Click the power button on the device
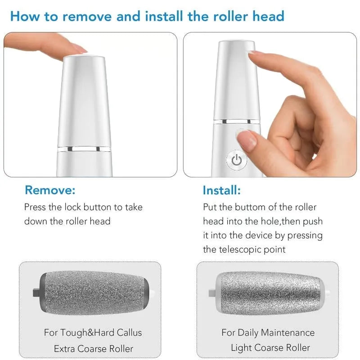[x=237, y=160]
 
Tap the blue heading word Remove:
[x=50, y=190]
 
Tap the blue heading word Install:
[x=221, y=190]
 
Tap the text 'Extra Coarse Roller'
[x=93, y=348]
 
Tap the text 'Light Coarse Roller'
[x=270, y=347]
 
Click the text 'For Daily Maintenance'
[x=268, y=333]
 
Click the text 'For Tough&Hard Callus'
[x=93, y=333]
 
